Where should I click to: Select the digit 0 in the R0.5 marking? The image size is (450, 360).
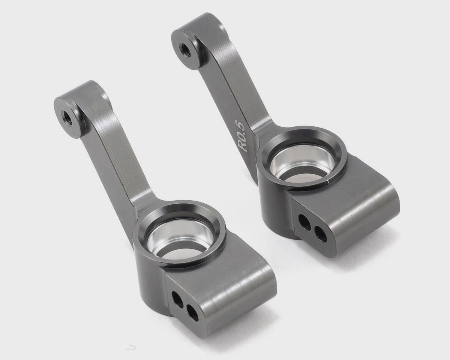coord(242,136)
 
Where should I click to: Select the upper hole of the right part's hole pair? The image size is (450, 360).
coord(304,222)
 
